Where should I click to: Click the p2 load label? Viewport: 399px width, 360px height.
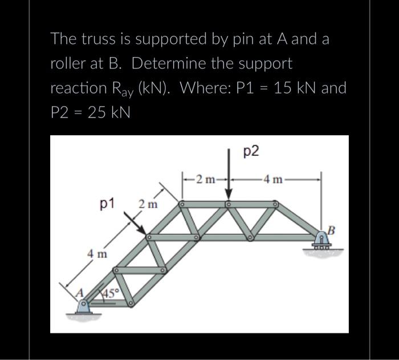click(251, 151)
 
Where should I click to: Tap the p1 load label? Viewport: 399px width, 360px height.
click(107, 203)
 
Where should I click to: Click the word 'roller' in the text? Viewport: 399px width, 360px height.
click(67, 64)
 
